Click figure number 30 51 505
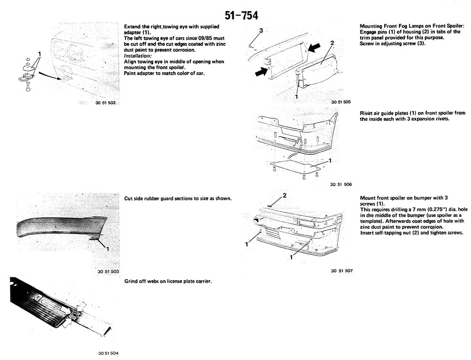(x=341, y=102)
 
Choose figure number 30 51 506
(x=341, y=184)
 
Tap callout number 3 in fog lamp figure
(x=261, y=31)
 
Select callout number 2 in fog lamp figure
(x=332, y=43)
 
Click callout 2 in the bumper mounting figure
(x=284, y=196)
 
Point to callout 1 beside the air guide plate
(x=330, y=161)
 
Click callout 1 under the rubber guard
(x=108, y=249)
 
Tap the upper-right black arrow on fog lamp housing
(x=314, y=47)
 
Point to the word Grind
(x=131, y=281)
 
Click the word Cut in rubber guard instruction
(x=128, y=198)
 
